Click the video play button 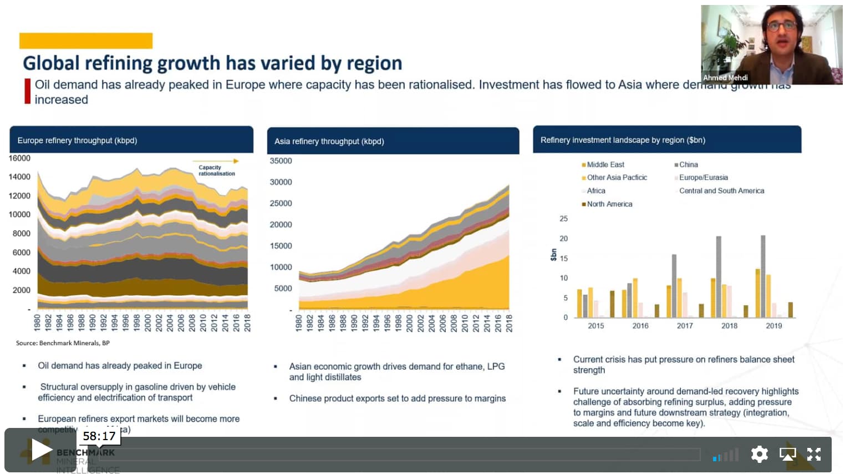tap(41, 450)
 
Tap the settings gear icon tap(759, 454)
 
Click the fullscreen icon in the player tap(813, 454)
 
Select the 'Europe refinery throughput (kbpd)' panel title tap(77, 140)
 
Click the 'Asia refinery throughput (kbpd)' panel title tap(329, 141)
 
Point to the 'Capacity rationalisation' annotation tap(216, 170)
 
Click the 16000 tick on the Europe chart tap(19, 158)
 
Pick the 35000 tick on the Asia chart tap(281, 161)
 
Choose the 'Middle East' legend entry tap(605, 165)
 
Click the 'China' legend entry tap(688, 165)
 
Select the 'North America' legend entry tap(609, 204)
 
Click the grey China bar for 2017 tap(674, 286)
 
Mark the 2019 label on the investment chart tap(773, 326)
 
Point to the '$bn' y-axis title tap(553, 255)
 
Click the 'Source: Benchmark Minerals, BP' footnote tap(63, 343)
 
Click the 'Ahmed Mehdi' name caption tap(725, 78)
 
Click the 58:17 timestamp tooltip tap(99, 436)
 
